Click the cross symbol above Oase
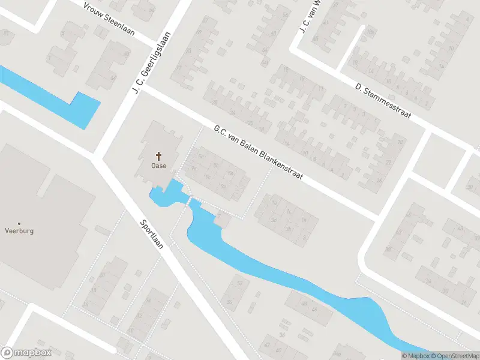(159, 155)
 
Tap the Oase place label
(159, 166)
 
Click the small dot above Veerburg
(19, 223)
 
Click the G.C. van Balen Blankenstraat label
(259, 154)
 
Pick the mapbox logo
(26, 353)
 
